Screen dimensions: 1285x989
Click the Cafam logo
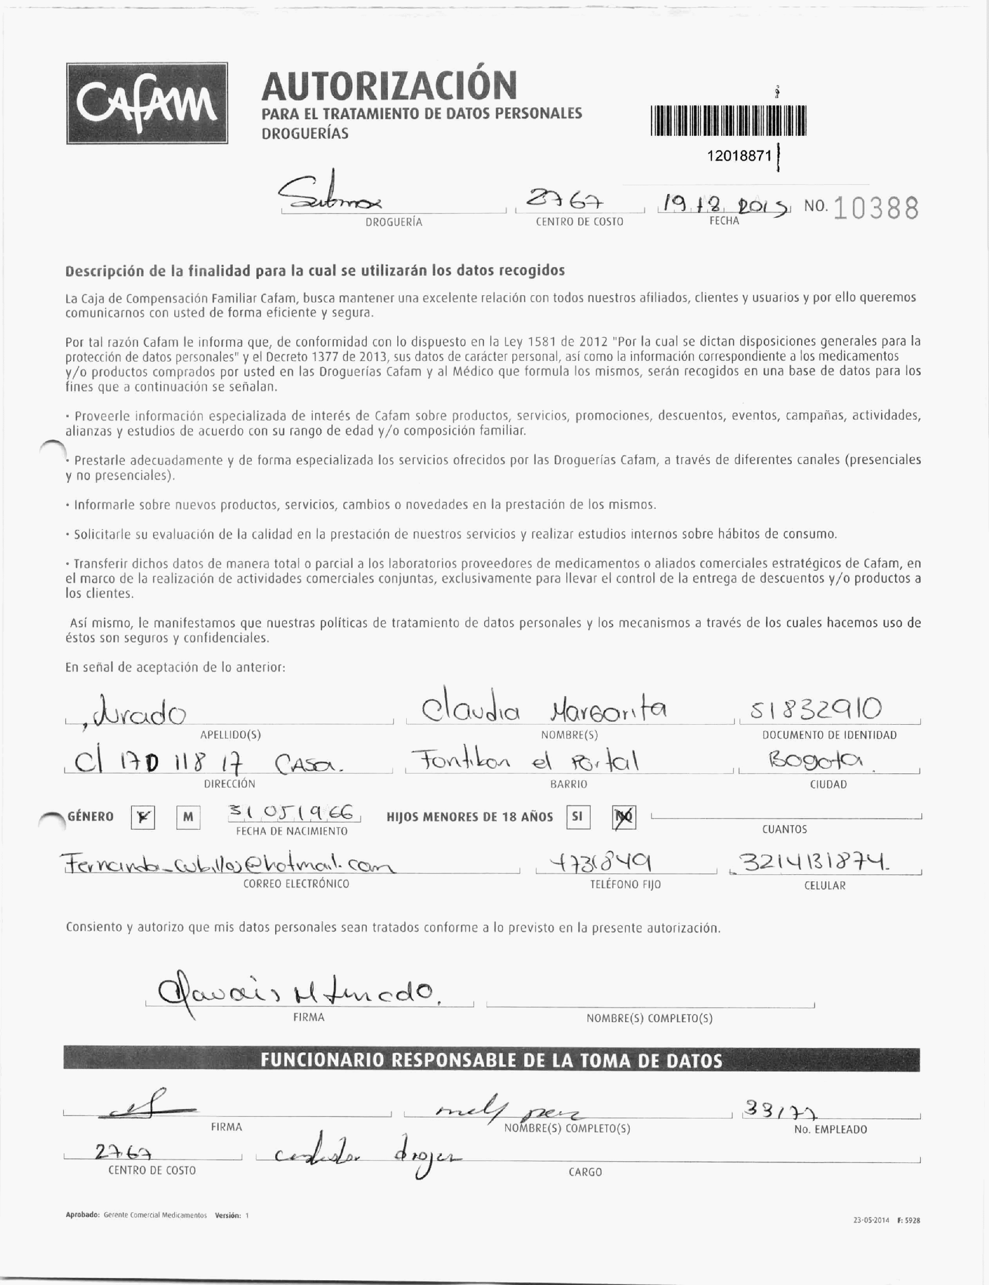tap(147, 104)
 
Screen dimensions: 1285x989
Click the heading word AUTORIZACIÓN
tap(389, 86)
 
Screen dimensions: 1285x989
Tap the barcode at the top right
tap(728, 121)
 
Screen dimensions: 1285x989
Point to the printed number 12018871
tap(739, 156)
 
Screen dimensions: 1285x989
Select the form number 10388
tap(876, 208)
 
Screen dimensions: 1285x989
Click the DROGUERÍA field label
tap(394, 222)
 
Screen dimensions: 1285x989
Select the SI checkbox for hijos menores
tap(578, 817)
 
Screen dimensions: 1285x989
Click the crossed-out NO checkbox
tap(624, 817)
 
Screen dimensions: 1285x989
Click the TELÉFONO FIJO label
tap(625, 884)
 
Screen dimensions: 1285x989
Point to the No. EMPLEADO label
tap(830, 1129)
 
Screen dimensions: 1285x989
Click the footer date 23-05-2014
tap(871, 1220)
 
